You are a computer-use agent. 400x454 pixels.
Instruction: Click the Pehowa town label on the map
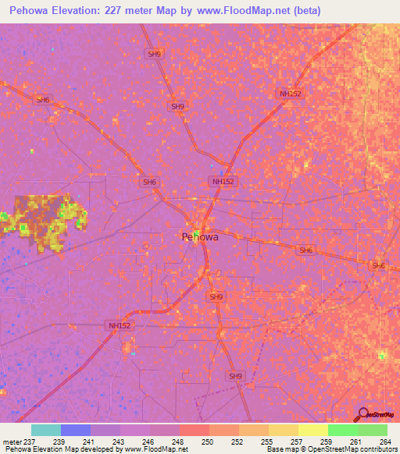(199, 236)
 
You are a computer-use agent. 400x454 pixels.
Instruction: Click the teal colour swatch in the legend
(46, 430)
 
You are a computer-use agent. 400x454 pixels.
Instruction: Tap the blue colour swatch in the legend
(76, 430)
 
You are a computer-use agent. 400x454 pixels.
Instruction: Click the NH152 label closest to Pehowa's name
(223, 181)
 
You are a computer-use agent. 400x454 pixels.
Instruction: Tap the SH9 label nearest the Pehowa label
(216, 297)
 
